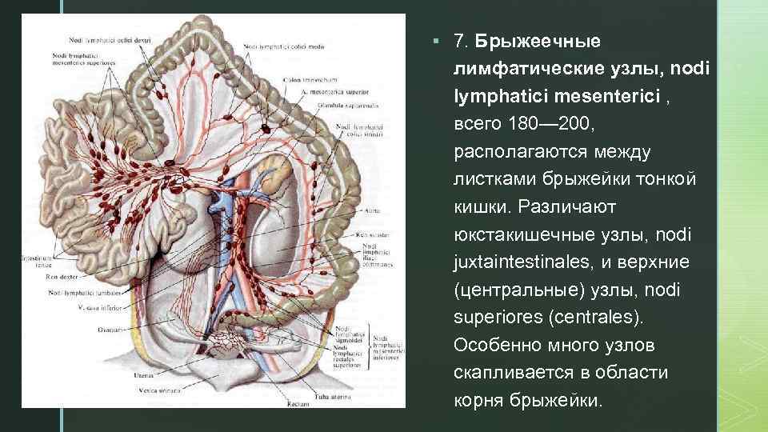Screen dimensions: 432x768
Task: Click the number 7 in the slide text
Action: [458, 40]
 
